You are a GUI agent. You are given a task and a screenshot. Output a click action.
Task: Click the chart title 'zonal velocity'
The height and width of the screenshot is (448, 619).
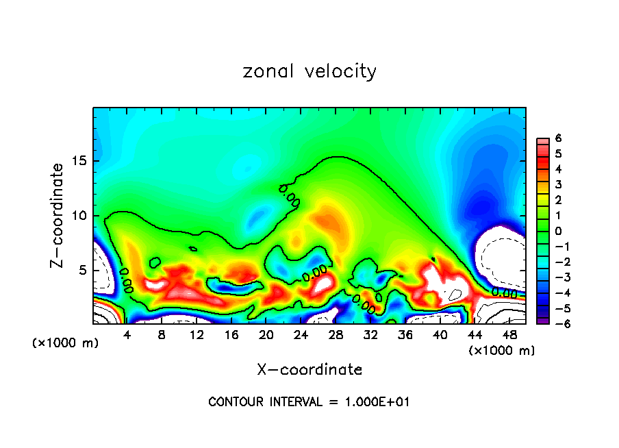309,71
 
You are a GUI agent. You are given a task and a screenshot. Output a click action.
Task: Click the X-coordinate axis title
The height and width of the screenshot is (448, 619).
309,370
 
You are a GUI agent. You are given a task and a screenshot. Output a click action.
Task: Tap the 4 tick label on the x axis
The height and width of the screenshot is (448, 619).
127,335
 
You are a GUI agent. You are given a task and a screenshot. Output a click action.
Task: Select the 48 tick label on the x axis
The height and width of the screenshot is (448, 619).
509,335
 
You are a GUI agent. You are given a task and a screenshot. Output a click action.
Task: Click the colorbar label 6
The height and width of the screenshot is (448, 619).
558,138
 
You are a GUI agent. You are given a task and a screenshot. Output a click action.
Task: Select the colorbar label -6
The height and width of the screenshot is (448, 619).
556,323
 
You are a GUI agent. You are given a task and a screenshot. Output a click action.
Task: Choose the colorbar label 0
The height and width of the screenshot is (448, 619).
558,231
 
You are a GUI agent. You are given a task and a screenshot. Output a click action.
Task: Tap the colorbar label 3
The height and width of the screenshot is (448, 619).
558,184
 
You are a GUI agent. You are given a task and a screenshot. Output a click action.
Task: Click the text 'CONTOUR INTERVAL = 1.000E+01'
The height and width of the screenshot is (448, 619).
309,402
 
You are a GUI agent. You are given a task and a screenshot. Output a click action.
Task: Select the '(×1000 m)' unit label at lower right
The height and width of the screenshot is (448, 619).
501,351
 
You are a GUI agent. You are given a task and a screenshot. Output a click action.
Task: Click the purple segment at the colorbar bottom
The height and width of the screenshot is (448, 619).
542,320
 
